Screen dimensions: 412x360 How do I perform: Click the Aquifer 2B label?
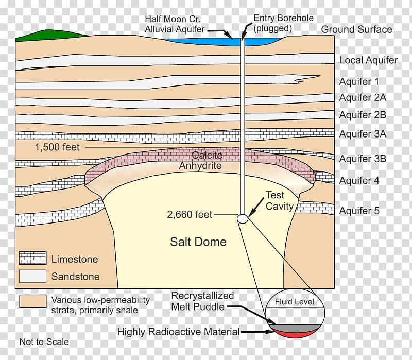[363, 115]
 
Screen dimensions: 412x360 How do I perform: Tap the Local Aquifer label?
[368, 60]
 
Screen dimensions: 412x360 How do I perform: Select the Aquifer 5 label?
[359, 211]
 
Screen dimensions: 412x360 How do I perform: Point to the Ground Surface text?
[356, 29]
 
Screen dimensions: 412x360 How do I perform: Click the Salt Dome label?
[198, 242]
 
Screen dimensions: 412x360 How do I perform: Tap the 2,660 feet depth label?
[190, 214]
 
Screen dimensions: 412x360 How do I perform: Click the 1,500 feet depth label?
[57, 147]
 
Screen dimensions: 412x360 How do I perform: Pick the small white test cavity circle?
[243, 219]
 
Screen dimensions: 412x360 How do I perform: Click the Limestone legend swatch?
[32, 258]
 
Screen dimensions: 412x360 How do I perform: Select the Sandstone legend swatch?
[32, 276]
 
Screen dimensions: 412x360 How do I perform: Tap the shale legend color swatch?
[32, 301]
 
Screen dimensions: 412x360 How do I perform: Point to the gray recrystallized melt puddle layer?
[295, 327]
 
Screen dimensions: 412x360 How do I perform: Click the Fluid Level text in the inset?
[294, 302]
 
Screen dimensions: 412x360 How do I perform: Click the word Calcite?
[207, 155]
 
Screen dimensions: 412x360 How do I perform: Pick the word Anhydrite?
[200, 165]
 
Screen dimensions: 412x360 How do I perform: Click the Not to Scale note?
[44, 342]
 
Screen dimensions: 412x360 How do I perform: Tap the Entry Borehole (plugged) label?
[283, 23]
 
